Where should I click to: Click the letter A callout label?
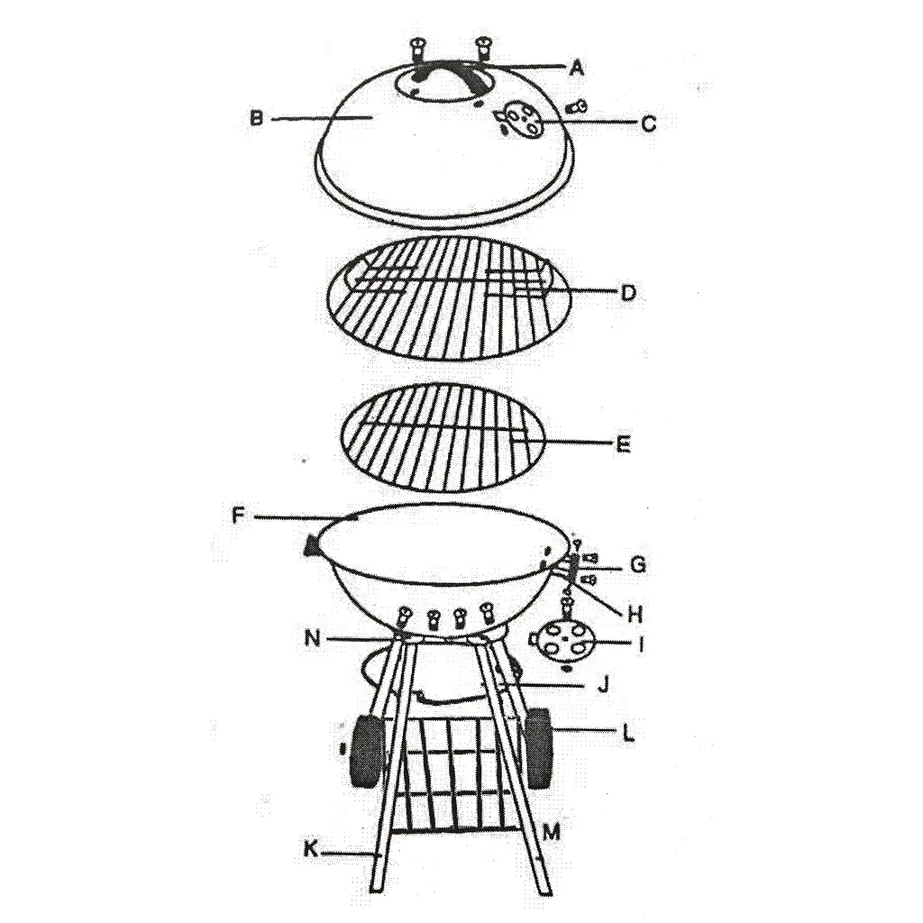pyautogui.click(x=577, y=69)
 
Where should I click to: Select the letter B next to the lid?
pyautogui.click(x=257, y=118)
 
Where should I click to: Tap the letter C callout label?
pyautogui.click(x=648, y=123)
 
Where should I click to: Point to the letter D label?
pyautogui.click(x=628, y=293)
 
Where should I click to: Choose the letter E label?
pyautogui.click(x=624, y=443)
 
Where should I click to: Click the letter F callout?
pyautogui.click(x=238, y=516)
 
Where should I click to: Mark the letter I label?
pyautogui.click(x=641, y=644)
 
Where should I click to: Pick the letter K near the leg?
pyautogui.click(x=310, y=849)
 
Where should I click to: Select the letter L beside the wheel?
pyautogui.click(x=628, y=734)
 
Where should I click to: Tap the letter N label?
pyautogui.click(x=312, y=637)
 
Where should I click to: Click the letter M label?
pyautogui.click(x=552, y=832)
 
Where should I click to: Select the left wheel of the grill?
pyautogui.click(x=368, y=751)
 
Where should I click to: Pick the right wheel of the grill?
pyautogui.click(x=539, y=747)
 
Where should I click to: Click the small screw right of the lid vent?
pyautogui.click(x=575, y=107)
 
